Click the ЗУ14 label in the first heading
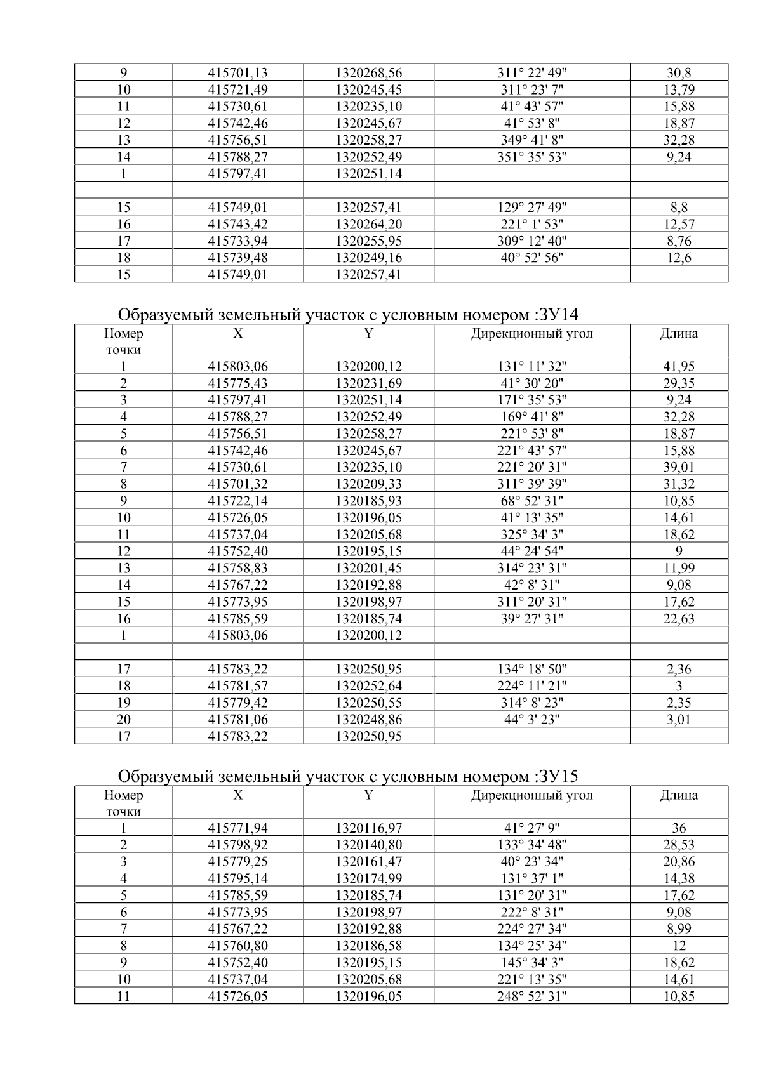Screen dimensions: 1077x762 pyautogui.click(x=557, y=315)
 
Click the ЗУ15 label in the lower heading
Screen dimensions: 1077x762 pyautogui.click(x=557, y=776)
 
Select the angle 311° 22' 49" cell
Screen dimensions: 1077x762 pyautogui.click(x=531, y=73)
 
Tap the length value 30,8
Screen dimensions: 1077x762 pyautogui.click(x=679, y=73)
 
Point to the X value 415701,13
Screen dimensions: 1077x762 pyautogui.click(x=237, y=73)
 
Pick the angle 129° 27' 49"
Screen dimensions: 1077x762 pyautogui.click(x=531, y=208)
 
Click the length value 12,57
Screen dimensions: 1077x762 pyautogui.click(x=679, y=224)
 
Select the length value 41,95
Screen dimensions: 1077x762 pyautogui.click(x=679, y=366)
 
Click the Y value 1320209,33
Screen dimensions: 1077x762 pyautogui.click(x=368, y=484)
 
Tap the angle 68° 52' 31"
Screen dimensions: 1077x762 pyautogui.click(x=531, y=501)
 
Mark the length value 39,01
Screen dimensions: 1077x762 pyautogui.click(x=679, y=467)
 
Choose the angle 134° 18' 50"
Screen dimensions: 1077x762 pyautogui.click(x=531, y=669)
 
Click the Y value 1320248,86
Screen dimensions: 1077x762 pyautogui.click(x=368, y=719)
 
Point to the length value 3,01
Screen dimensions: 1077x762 pyautogui.click(x=679, y=719)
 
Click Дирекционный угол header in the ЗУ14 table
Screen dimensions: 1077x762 pyautogui.click(x=531, y=334)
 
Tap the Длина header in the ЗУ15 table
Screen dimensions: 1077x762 pyautogui.click(x=679, y=795)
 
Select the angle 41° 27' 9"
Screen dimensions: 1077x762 pyautogui.click(x=531, y=828)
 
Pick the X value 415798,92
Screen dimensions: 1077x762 pyautogui.click(x=237, y=845)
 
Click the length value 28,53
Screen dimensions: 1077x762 pyautogui.click(x=679, y=845)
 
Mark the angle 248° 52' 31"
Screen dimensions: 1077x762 pyautogui.click(x=531, y=996)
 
